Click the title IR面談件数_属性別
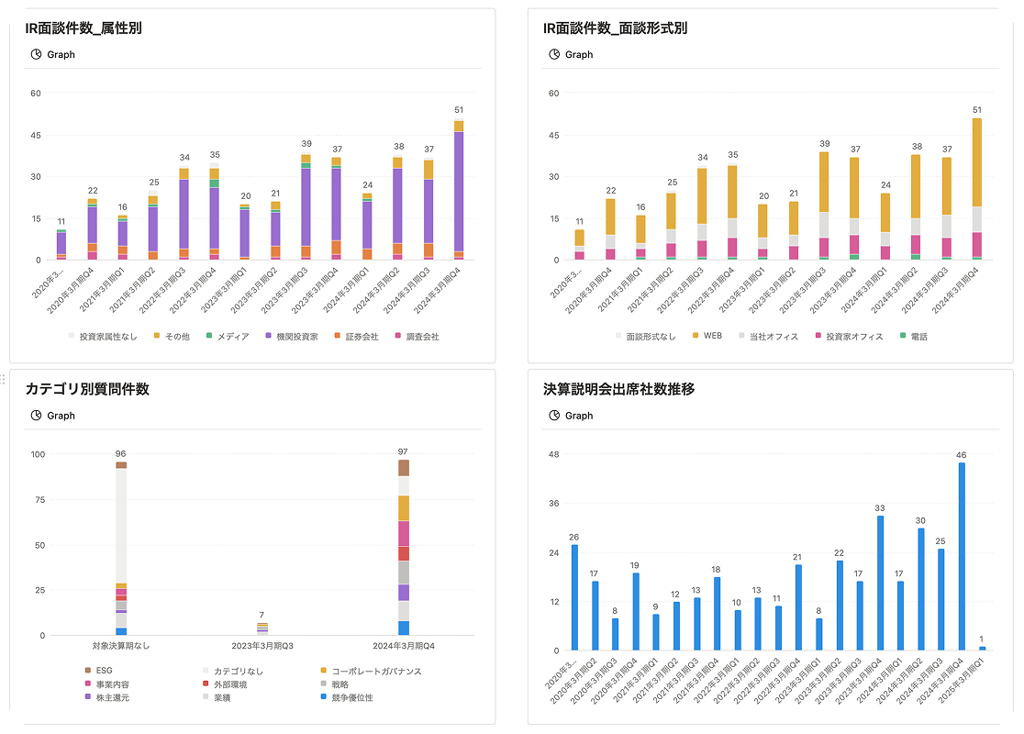[83, 28]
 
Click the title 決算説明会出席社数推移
[618, 389]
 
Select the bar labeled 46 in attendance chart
[962, 556]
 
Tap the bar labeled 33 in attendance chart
[880, 583]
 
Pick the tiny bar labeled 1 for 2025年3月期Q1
[982, 649]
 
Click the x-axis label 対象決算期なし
[121, 646]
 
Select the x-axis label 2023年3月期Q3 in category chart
[262, 646]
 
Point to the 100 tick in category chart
[38, 454]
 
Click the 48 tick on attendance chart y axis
[554, 454]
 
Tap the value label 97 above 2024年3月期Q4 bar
[403, 451]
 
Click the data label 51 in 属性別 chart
[459, 110]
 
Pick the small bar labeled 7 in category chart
[262, 628]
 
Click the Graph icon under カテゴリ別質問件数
[37, 416]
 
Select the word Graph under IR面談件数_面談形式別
[579, 55]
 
